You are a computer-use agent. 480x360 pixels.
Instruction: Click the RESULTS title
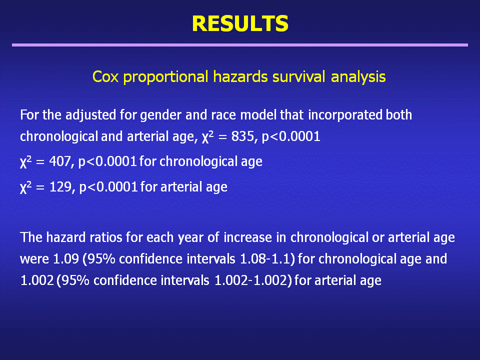click(240, 23)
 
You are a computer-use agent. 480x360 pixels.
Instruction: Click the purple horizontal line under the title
click(240, 45)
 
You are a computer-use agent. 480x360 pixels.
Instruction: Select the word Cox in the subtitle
click(105, 76)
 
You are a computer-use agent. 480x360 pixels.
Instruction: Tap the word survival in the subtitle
click(298, 76)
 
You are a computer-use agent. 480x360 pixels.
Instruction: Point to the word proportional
click(165, 77)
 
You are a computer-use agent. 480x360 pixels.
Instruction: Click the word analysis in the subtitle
click(358, 77)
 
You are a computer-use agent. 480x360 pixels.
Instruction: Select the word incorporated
click(345, 115)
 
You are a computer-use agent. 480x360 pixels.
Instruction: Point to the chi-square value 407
click(60, 161)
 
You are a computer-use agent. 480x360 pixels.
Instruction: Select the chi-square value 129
click(60, 186)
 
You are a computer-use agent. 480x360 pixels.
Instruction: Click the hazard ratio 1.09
click(66, 259)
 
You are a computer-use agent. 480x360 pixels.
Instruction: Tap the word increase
click(247, 237)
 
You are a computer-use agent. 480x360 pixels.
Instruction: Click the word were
click(34, 259)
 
